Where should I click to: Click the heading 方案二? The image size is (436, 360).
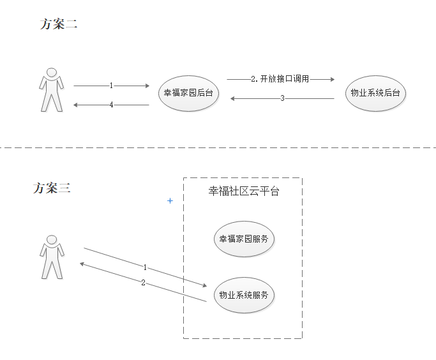[58, 24]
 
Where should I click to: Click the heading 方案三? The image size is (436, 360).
[52, 188]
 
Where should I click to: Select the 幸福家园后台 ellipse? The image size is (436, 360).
[188, 93]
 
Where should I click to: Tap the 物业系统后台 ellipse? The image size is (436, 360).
[375, 93]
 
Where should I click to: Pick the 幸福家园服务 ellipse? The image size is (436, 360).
[244, 239]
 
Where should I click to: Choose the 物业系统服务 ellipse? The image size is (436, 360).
[244, 295]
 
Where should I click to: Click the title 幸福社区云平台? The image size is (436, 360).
[244, 191]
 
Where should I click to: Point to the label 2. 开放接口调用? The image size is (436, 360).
[280, 79]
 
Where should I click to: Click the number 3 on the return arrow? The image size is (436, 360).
[282, 98]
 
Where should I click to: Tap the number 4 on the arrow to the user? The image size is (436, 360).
[111, 105]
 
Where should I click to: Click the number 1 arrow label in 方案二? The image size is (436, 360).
[111, 85]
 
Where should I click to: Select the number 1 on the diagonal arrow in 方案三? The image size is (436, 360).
[145, 267]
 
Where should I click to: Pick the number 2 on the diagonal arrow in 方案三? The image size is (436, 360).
[143, 282]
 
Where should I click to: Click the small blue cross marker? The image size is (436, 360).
[170, 201]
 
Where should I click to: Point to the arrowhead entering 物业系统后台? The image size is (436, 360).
[331, 79]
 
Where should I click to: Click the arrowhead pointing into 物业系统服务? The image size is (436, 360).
[204, 287]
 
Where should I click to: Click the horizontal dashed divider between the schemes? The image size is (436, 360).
[217, 147]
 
